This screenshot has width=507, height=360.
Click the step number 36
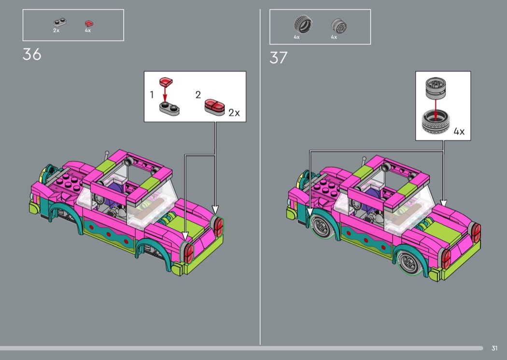pos(32,55)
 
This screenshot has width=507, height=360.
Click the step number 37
pos(279,58)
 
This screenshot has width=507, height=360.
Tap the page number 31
pos(494,348)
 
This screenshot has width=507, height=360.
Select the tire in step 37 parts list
pos(303,25)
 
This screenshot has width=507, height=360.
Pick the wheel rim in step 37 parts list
pos(339,26)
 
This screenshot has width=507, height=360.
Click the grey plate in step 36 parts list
pos(59,22)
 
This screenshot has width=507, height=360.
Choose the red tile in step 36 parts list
pos(89,24)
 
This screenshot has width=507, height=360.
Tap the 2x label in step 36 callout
pos(234,113)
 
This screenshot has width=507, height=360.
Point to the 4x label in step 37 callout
pos(459,132)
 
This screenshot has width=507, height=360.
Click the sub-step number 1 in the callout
pos(152,95)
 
